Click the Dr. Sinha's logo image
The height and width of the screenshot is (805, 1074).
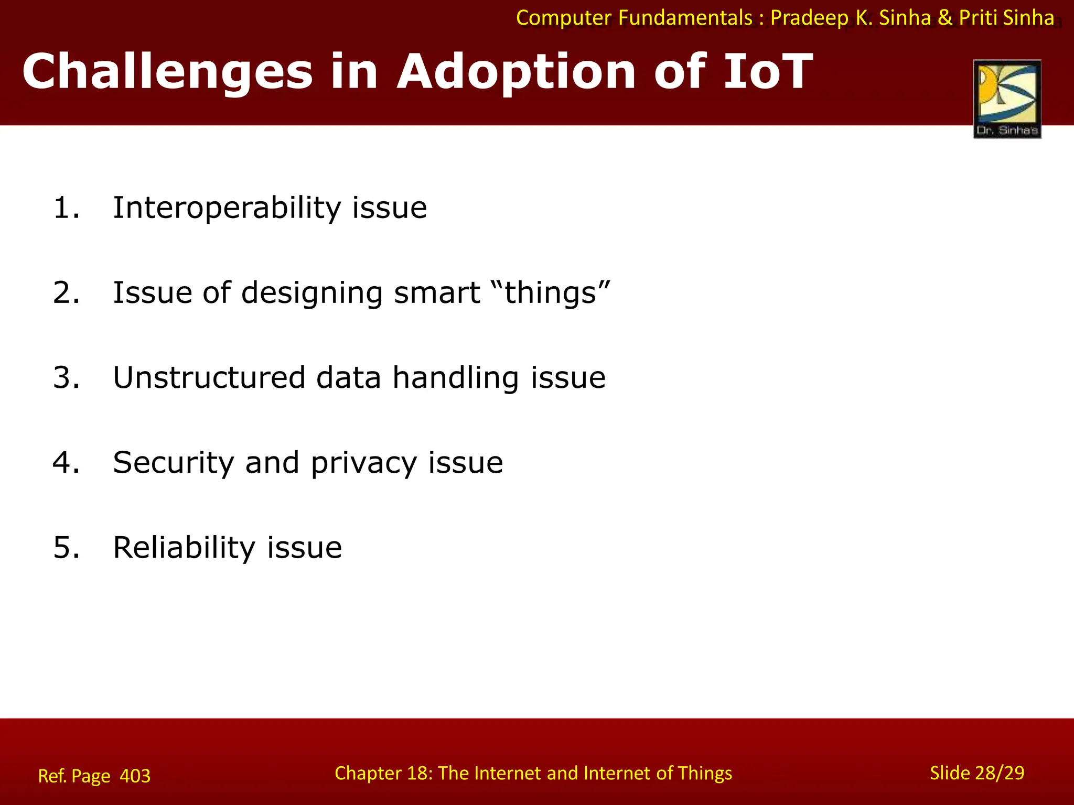1007,99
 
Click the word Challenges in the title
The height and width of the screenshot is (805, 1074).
167,72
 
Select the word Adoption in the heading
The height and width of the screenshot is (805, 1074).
516,72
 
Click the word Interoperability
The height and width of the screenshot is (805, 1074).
227,208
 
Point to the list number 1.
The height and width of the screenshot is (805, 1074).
66,208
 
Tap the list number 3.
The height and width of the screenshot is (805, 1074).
66,378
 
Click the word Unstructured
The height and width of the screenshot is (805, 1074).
209,378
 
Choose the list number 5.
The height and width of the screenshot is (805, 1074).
66,548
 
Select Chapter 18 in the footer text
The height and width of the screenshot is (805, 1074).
383,773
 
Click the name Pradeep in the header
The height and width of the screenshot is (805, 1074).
809,18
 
